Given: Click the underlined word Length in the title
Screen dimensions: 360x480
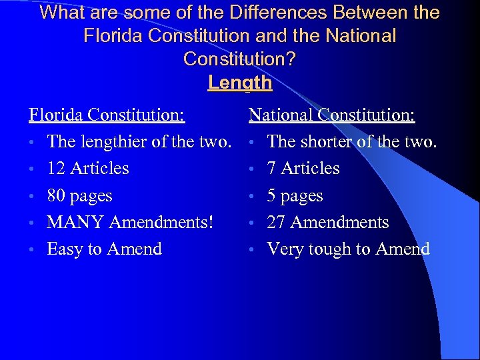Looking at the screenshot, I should coord(240,83).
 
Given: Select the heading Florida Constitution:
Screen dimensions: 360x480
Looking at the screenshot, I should coord(107,115).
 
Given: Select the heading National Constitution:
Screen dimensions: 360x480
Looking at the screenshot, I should coord(332,115).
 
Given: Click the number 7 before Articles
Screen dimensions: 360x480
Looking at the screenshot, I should coord(272,169).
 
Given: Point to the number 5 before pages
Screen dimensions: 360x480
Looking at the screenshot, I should coord(272,196).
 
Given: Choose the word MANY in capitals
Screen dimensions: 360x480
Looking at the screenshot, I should coord(74,223).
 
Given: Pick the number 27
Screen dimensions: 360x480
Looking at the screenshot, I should coord(277,223).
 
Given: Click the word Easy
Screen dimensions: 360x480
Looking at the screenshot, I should coord(65,249).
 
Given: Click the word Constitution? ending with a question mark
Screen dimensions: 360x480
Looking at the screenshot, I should coord(240,59).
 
